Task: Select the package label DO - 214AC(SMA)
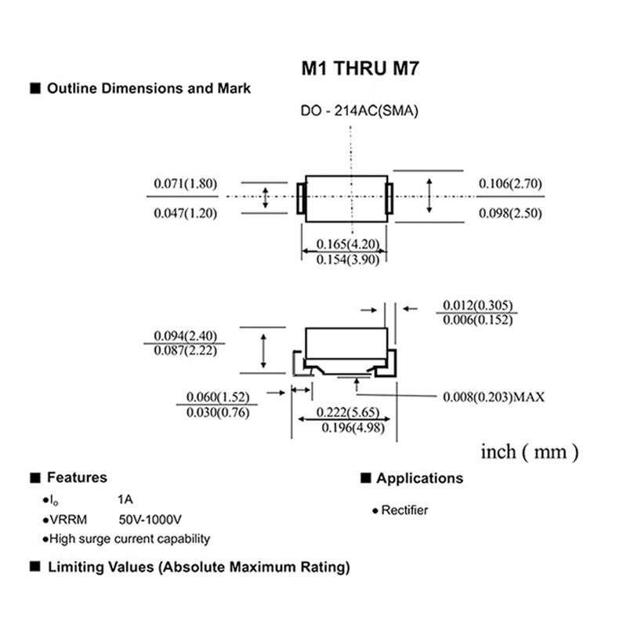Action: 360,111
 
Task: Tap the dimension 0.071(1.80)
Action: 184,184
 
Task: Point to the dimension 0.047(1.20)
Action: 184,212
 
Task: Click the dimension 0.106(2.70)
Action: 510,183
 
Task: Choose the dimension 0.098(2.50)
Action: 510,213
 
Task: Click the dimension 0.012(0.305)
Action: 478,305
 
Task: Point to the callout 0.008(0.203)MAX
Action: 493,397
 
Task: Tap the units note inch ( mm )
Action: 529,452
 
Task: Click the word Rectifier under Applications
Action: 404,510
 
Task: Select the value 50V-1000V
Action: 150,520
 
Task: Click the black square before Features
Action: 34,477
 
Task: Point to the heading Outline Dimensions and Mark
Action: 149,89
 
